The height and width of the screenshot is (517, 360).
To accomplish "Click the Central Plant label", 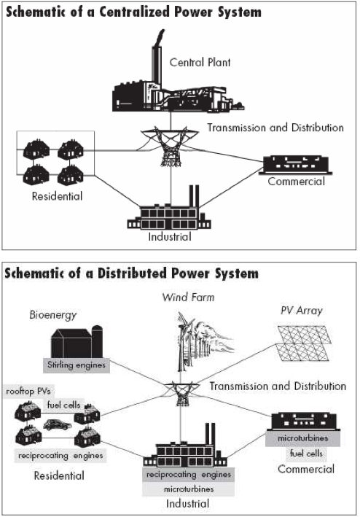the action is pyautogui.click(x=200, y=62).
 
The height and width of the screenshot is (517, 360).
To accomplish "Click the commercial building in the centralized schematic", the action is pyautogui.click(x=295, y=165).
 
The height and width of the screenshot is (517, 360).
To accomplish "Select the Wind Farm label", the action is pyautogui.click(x=189, y=298).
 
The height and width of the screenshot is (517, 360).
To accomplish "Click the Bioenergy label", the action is pyautogui.click(x=52, y=315).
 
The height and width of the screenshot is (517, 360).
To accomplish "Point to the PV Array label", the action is pyautogui.click(x=302, y=311).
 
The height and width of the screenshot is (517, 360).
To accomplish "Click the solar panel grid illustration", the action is pyautogui.click(x=303, y=343).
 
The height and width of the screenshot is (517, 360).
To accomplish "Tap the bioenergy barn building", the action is pyautogui.click(x=77, y=342).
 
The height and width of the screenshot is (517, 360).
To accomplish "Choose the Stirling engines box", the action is pyautogui.click(x=77, y=365).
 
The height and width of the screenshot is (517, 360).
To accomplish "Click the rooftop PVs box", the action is pyautogui.click(x=28, y=392).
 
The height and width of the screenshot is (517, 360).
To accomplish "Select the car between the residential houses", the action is pyautogui.click(x=58, y=424).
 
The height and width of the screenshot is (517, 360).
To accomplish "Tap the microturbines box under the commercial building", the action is pyautogui.click(x=302, y=438).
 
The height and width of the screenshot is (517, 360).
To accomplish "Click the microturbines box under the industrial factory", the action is pyautogui.click(x=189, y=489).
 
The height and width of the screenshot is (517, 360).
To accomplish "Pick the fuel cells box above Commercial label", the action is pyautogui.click(x=306, y=454).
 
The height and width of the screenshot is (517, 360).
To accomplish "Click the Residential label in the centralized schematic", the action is pyautogui.click(x=58, y=196).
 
